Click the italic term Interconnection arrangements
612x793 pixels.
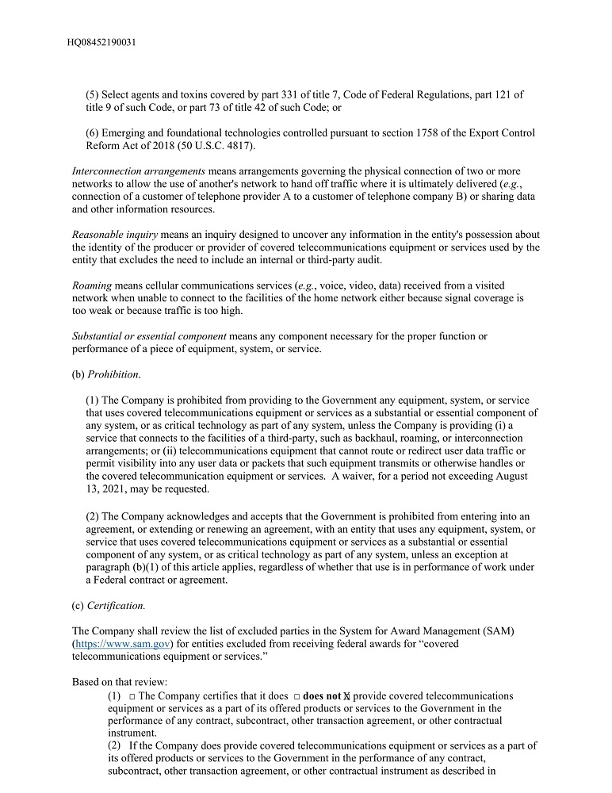pyautogui.click(x=139, y=171)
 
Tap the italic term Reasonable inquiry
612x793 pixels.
pyautogui.click(x=115, y=235)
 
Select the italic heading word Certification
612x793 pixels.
pyautogui.click(x=116, y=605)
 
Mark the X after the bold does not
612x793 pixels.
pyautogui.click(x=347, y=696)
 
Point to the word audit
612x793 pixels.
pyautogui.click(x=365, y=260)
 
